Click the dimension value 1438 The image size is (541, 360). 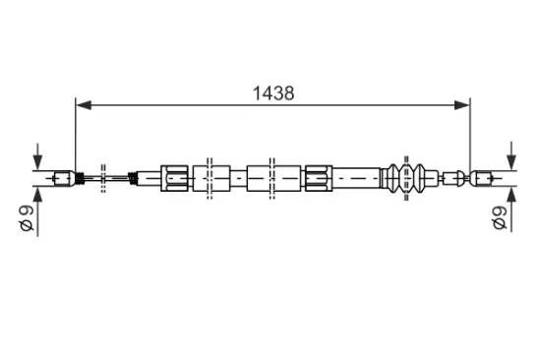(x=273, y=93)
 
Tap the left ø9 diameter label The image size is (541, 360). (x=27, y=217)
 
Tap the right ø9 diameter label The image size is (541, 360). (x=500, y=217)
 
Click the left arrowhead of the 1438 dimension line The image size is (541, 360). (x=84, y=105)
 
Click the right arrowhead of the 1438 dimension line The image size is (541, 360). (x=462, y=105)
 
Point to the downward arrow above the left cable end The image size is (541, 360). (x=37, y=156)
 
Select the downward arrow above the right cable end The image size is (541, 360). (x=511, y=155)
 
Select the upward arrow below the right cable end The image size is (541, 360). (x=511, y=210)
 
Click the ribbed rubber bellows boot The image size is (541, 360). (x=406, y=178)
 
